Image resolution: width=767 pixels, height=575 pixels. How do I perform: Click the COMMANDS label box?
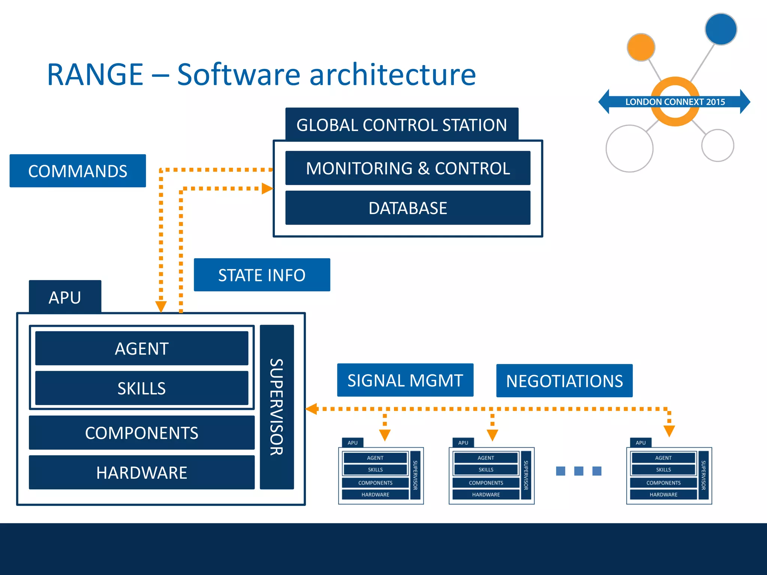(x=78, y=171)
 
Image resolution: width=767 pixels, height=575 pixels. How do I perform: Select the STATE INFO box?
(x=262, y=275)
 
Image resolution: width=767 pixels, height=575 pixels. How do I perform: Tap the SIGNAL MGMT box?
(x=405, y=380)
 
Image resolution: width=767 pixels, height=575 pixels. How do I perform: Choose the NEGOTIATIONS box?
(x=564, y=381)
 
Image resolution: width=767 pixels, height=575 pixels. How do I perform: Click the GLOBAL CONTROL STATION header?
(x=401, y=125)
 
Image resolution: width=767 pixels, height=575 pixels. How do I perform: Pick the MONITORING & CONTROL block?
(x=407, y=168)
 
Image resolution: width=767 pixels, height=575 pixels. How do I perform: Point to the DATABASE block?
(x=407, y=208)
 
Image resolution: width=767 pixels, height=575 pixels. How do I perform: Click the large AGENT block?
(x=142, y=348)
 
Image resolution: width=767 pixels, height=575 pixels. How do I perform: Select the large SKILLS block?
(x=142, y=388)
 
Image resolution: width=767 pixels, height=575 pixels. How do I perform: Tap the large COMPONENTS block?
(x=142, y=433)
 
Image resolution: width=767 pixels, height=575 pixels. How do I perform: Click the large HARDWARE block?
(x=142, y=472)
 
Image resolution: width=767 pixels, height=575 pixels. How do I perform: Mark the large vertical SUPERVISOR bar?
(x=277, y=407)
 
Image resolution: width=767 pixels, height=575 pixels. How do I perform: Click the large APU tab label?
(x=65, y=297)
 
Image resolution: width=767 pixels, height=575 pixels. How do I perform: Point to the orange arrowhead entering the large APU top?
(x=161, y=306)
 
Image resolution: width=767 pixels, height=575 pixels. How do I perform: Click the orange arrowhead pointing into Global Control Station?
(x=267, y=189)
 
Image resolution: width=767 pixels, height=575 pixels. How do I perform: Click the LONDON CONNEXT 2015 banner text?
(x=675, y=102)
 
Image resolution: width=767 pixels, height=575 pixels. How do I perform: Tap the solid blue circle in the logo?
(x=721, y=29)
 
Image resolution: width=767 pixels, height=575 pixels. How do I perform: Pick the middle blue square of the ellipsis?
(x=579, y=471)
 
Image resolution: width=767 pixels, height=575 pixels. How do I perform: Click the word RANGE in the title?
(x=95, y=74)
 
